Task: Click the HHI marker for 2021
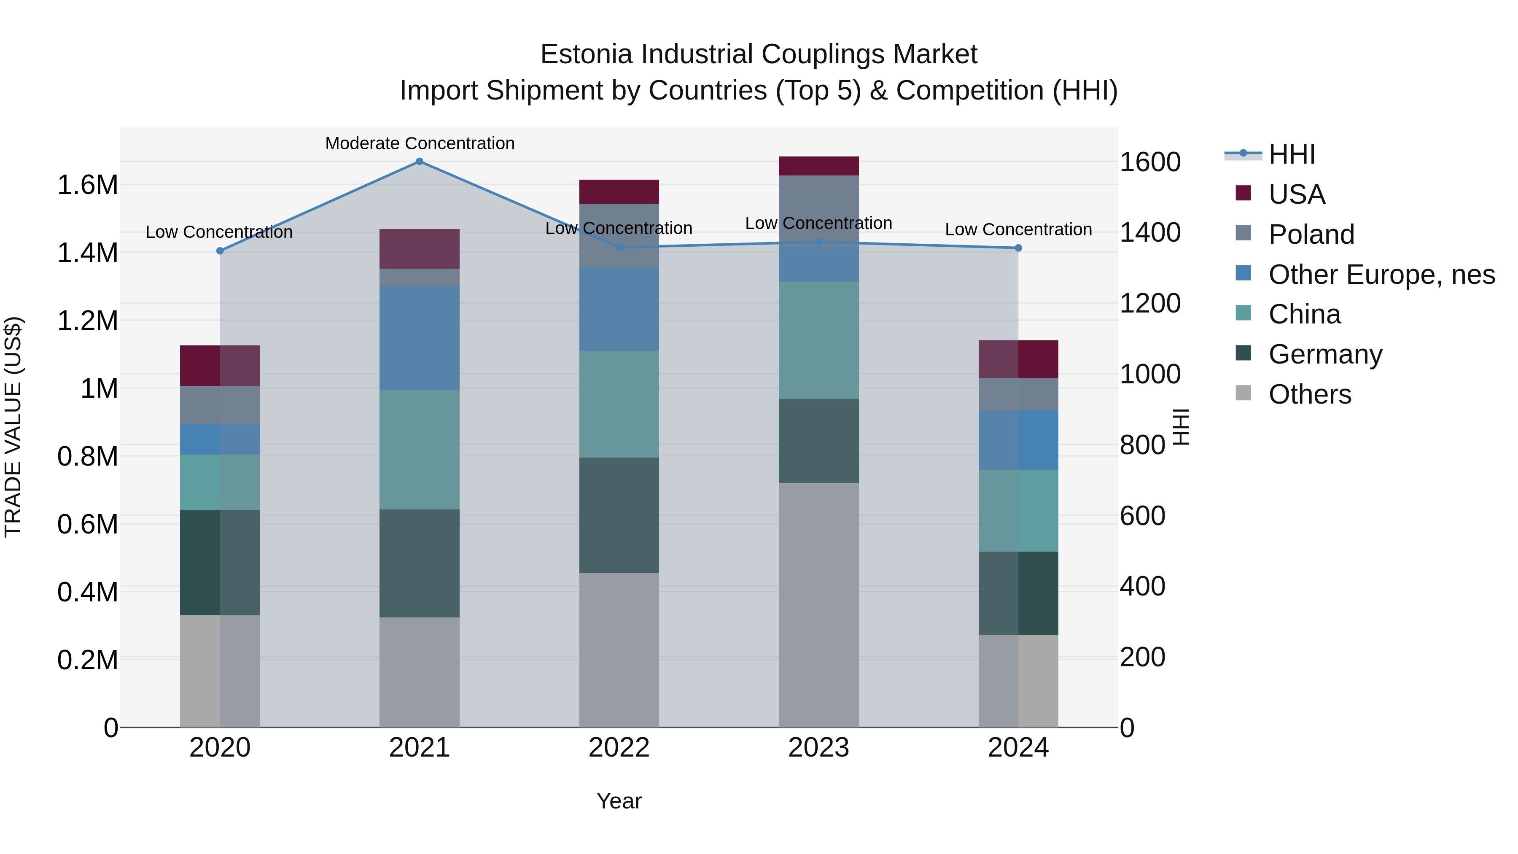tap(420, 161)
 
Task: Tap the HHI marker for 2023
tap(818, 242)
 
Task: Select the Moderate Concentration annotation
tap(420, 143)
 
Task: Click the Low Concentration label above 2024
tap(1018, 229)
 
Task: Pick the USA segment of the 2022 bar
tap(619, 191)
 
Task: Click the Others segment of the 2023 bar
tap(818, 604)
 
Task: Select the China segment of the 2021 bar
tap(420, 449)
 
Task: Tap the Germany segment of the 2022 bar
tap(619, 515)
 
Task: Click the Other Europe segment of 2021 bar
tap(420, 338)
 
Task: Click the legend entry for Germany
tap(1325, 354)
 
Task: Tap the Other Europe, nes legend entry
tap(1381, 275)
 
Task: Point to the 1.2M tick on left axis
tap(87, 321)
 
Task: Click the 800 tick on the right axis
tap(1142, 445)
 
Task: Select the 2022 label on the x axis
tap(619, 748)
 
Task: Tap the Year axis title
tap(619, 801)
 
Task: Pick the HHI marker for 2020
tap(220, 251)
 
